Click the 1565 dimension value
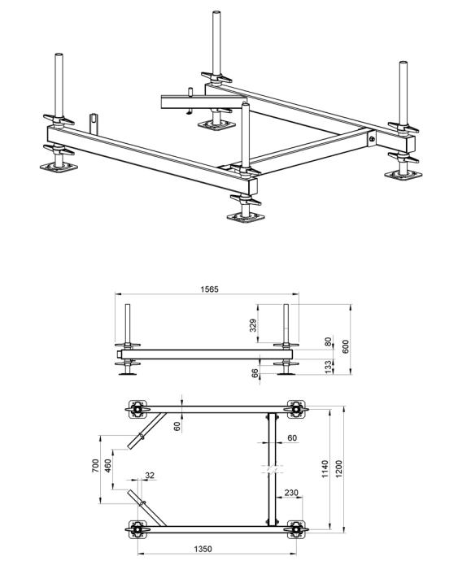(209, 289)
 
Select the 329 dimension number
(253, 325)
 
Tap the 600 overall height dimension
(346, 346)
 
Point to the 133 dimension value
(328, 367)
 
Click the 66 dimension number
(255, 373)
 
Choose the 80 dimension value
(328, 341)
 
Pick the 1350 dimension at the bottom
(203, 549)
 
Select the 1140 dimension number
(325, 469)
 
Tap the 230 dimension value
(291, 493)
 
